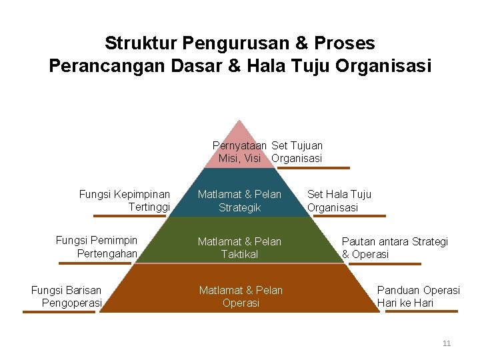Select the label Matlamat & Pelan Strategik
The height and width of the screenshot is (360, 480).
(239, 201)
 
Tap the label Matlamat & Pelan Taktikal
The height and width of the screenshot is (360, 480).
(239, 247)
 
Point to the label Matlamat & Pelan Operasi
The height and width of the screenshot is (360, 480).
(241, 296)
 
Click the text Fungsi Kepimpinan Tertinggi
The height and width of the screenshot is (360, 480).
(125, 201)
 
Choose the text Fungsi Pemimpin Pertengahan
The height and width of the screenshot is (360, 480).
(97, 247)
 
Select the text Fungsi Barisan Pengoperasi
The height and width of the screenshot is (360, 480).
(67, 296)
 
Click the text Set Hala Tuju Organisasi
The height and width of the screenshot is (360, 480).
(339, 201)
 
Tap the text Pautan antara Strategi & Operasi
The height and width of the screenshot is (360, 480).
(395, 247)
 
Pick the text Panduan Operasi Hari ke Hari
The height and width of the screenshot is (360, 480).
(418, 296)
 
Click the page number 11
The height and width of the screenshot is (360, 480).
(447, 343)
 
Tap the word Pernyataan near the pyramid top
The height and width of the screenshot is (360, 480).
(239, 145)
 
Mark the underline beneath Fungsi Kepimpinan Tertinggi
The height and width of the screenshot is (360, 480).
(120, 216)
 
